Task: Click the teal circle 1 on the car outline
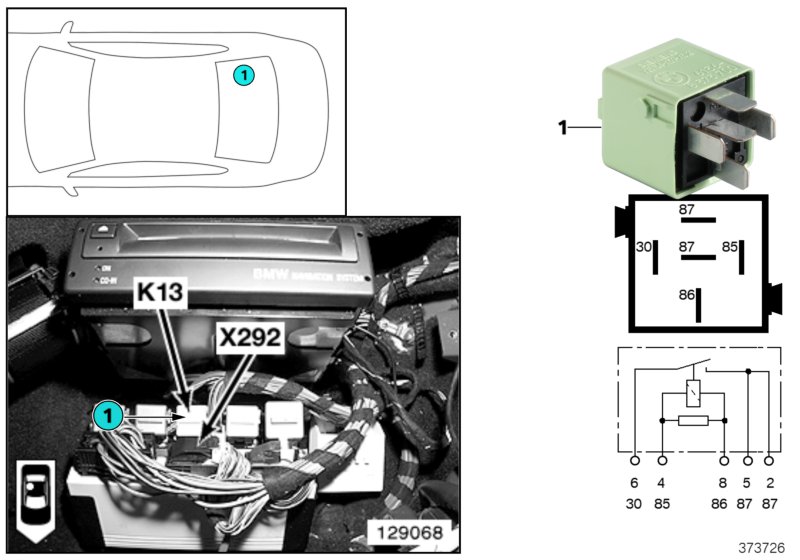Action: (x=243, y=75)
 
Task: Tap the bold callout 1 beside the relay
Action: (x=562, y=127)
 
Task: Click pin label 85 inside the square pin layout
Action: (x=730, y=246)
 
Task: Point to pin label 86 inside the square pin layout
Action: (x=686, y=296)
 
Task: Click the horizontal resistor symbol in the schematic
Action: (x=693, y=420)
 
